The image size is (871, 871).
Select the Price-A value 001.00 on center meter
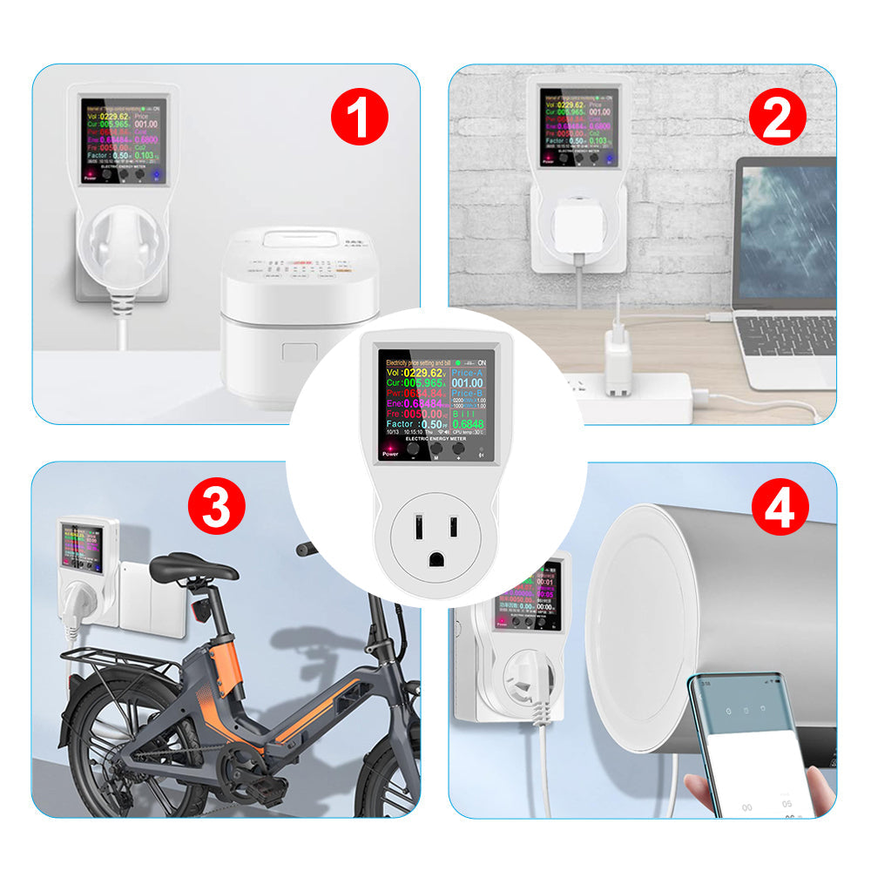(466, 381)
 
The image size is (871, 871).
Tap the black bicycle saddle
(192, 568)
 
